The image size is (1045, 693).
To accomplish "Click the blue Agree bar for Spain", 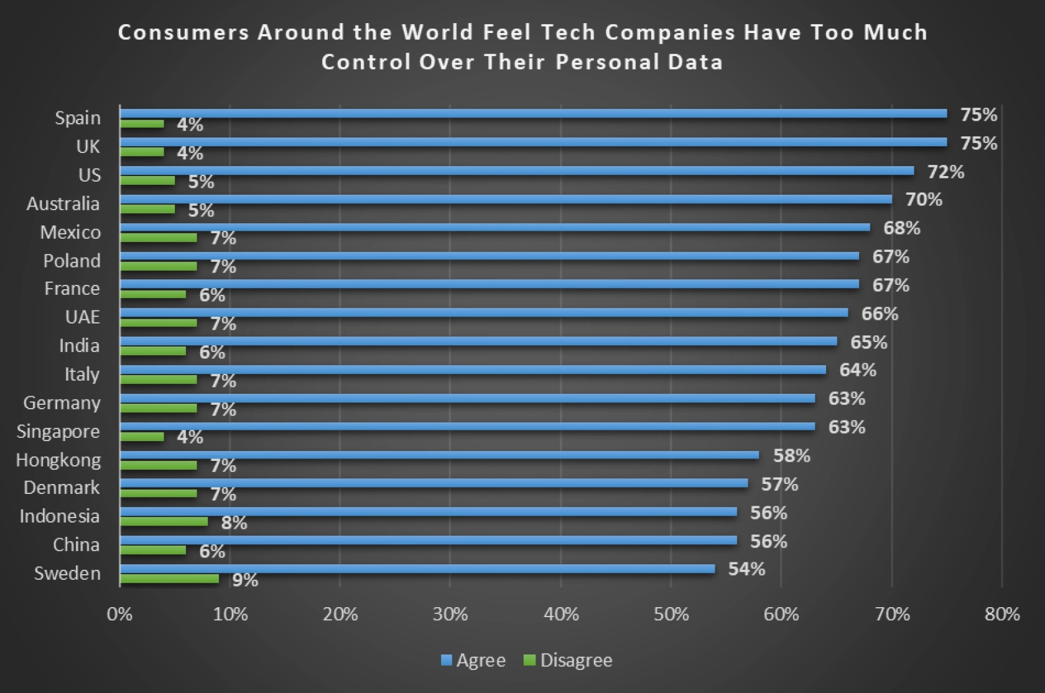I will [x=533, y=113].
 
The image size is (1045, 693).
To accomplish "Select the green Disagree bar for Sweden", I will [x=169, y=579].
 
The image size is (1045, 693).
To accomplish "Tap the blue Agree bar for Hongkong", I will [x=439, y=455].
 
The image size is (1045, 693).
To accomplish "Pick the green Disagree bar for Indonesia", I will [x=164, y=521].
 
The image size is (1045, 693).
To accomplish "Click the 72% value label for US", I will [x=945, y=172].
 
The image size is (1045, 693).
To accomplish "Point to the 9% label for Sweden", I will [x=245, y=580].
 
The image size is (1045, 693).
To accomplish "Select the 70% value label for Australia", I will [x=923, y=200].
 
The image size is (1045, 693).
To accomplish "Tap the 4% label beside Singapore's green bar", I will [x=190, y=437].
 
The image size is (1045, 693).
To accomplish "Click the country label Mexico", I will [x=70, y=232].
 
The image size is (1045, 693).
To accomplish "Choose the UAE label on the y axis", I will [x=82, y=317].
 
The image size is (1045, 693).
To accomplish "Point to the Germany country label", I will [x=62, y=403].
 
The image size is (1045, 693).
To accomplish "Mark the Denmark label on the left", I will [x=62, y=488].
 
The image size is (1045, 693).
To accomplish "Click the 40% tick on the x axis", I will [x=561, y=615].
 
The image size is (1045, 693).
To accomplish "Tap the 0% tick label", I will [x=119, y=615].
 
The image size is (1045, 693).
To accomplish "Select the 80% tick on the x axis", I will [x=1001, y=615].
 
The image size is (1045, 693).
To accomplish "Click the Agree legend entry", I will [x=473, y=660].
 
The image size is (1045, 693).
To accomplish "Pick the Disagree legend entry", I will [x=569, y=660].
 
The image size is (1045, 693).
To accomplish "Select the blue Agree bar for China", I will [x=428, y=540].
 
